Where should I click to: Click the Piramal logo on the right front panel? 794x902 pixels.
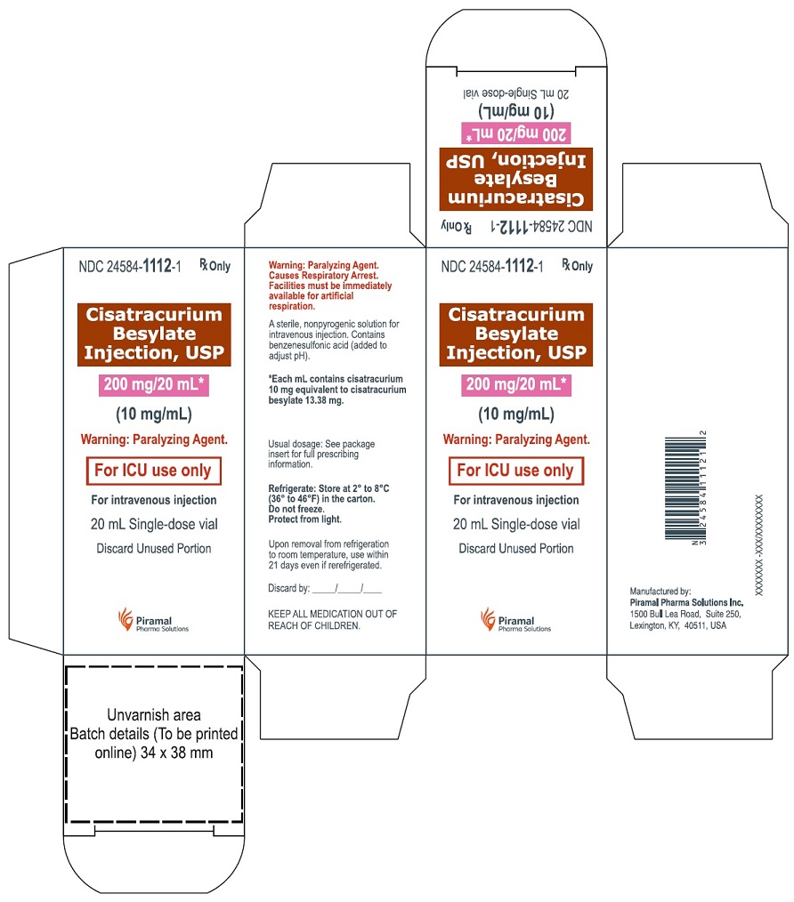517,619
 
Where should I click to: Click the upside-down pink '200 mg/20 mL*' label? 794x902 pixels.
517,134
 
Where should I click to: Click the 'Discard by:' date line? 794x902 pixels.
325,588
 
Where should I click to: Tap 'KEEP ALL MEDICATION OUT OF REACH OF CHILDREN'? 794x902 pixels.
333,619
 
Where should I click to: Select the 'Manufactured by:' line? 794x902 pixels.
660,591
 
